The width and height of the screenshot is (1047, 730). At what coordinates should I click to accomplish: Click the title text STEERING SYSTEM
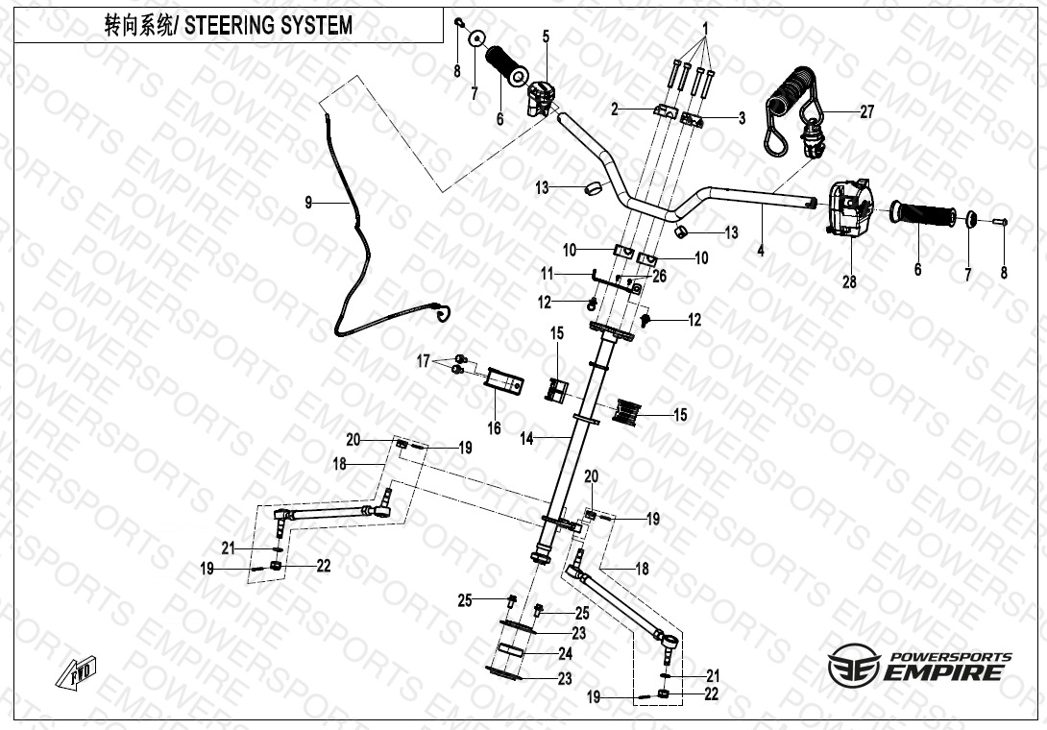[x=268, y=25]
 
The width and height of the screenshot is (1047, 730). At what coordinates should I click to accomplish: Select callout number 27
[x=866, y=111]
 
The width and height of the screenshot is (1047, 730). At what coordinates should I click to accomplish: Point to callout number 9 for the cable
[x=308, y=202]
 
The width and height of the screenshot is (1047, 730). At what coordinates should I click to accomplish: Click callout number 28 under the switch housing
[x=849, y=281]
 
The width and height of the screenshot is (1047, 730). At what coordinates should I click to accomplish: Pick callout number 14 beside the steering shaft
[x=526, y=439]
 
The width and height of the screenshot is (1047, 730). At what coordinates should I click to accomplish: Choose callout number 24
[x=565, y=653]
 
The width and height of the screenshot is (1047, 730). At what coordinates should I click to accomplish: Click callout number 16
[x=494, y=427]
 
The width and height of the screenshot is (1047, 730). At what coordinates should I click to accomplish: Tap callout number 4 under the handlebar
[x=761, y=251]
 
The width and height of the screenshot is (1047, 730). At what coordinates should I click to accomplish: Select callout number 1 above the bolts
[x=705, y=29]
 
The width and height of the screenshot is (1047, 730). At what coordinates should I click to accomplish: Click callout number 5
[x=546, y=36]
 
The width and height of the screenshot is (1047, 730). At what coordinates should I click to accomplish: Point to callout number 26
[x=659, y=276]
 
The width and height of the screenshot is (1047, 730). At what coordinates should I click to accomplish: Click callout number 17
[x=424, y=361]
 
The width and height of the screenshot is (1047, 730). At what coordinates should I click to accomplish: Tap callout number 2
[x=615, y=109]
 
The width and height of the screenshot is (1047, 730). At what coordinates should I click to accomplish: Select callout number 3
[x=742, y=118]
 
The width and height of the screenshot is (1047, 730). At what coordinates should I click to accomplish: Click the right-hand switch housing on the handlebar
[x=846, y=207]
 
